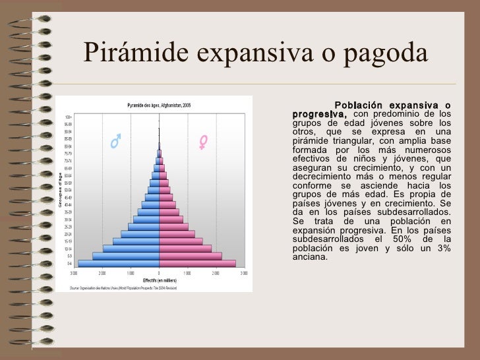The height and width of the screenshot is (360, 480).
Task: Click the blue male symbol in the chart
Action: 115,142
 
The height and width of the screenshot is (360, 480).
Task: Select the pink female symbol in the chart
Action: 203,142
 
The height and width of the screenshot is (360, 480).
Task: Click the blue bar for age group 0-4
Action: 119,263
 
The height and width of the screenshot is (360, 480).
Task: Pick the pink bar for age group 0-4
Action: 197,263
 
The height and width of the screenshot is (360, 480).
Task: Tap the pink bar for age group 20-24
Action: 177,234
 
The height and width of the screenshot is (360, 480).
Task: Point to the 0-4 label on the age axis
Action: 69,263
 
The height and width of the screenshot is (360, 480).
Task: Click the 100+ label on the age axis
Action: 68,117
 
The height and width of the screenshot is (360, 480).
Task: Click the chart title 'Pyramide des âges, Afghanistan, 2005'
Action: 159,105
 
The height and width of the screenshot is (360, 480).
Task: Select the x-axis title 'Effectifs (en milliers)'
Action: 159,280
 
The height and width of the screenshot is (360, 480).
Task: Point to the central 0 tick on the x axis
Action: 159,272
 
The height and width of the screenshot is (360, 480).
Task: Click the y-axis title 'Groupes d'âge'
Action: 59,190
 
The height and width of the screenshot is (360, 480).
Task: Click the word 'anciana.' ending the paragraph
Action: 309,256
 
